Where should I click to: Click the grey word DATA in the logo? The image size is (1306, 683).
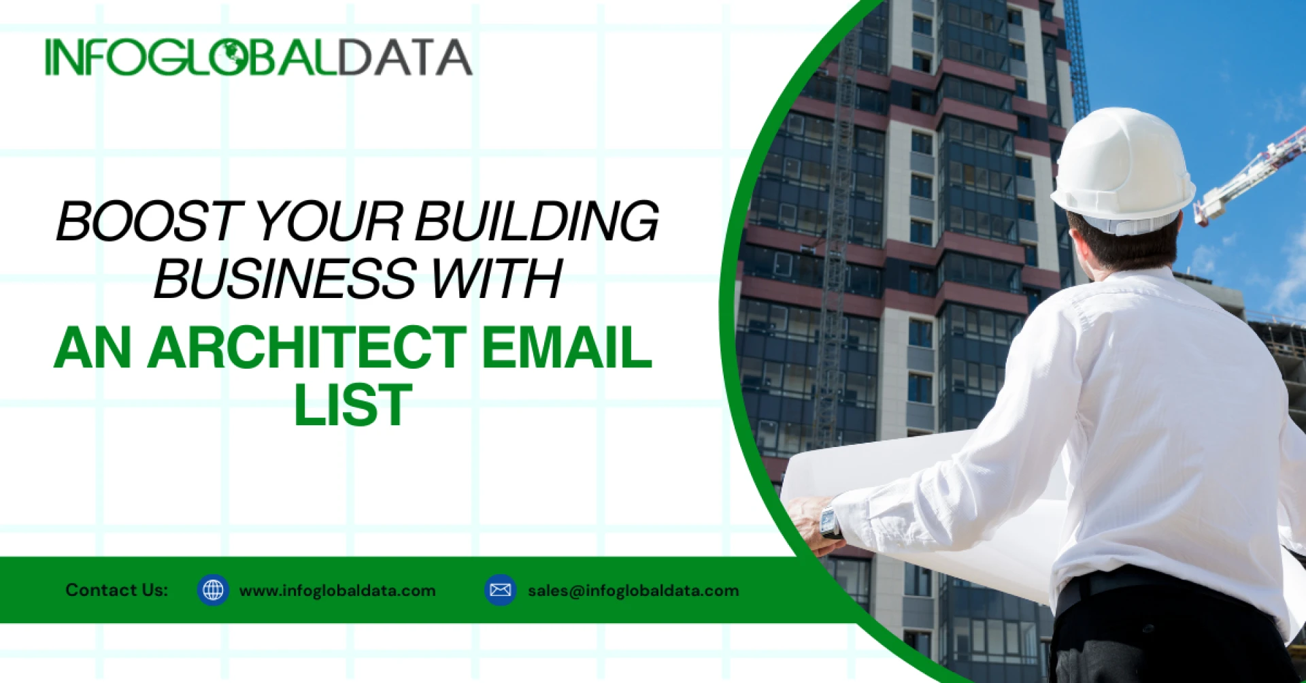tap(405, 57)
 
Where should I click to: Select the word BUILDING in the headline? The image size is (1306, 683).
tap(537, 221)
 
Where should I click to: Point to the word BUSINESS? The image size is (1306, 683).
tap(285, 278)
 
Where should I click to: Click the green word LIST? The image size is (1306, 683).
tap(353, 405)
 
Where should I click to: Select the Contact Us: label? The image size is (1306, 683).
tap(116, 590)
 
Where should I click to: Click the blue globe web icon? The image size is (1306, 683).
tap(213, 590)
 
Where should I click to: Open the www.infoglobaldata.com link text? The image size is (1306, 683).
tap(337, 590)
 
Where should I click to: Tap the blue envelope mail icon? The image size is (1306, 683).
tap(501, 590)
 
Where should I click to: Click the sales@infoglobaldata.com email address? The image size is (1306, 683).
tap(633, 590)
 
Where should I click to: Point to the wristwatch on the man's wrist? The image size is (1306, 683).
tap(830, 522)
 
